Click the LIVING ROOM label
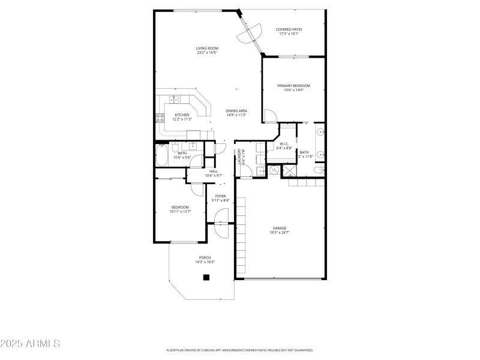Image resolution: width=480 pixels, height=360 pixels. tap(206, 48)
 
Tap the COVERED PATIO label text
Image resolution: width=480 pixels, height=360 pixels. tap(289, 29)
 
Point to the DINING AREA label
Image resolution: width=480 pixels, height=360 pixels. tap(236, 111)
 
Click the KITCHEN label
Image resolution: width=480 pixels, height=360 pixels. tap(182, 115)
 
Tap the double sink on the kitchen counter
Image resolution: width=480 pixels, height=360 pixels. tap(173, 100)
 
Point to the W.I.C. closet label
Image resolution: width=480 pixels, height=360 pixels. tap(286, 144)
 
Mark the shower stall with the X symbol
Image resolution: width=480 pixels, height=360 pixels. tap(290, 171)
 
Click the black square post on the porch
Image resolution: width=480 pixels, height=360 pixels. tap(206, 277)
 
